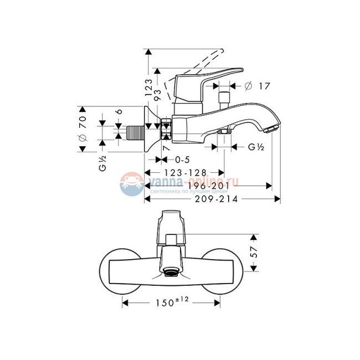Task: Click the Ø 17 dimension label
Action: [x=258, y=86]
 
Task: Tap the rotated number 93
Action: [x=158, y=95]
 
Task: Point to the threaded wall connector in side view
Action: [x=134, y=131]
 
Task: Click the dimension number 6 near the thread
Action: [x=118, y=111]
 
